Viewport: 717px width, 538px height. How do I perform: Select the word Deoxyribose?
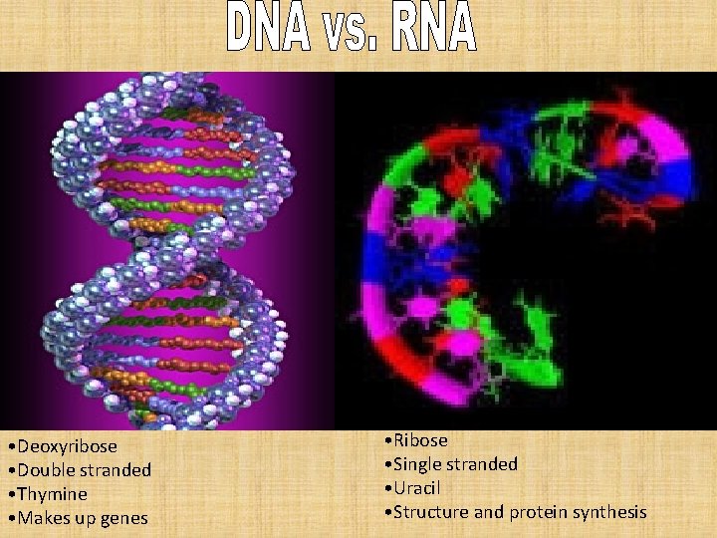pyautogui.click(x=66, y=445)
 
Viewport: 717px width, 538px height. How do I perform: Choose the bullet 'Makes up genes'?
pyautogui.click(x=81, y=517)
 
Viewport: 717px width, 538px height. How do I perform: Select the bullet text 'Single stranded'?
pyautogui.click(x=455, y=463)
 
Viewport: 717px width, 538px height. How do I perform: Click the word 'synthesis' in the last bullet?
pyautogui.click(x=608, y=512)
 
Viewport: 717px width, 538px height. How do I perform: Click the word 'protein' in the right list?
pyautogui.click(x=537, y=512)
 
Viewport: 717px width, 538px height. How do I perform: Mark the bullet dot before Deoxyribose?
pyautogui.click(x=9, y=446)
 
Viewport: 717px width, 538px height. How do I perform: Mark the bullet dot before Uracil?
pyautogui.click(x=386, y=488)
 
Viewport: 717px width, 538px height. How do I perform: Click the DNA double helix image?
pyautogui.click(x=164, y=249)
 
